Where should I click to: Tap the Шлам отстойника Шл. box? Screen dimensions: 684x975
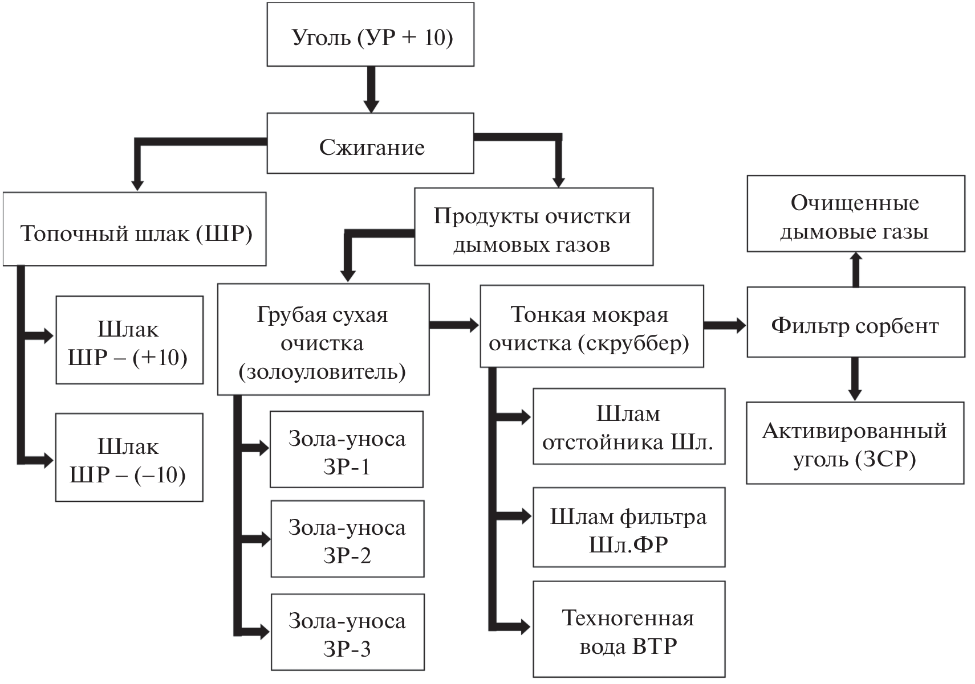click(629, 427)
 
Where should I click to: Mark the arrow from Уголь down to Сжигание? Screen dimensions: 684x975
click(371, 89)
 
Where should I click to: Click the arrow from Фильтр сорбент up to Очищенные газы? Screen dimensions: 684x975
click(855, 269)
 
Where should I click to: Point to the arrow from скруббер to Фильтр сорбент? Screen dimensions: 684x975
click(725, 326)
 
